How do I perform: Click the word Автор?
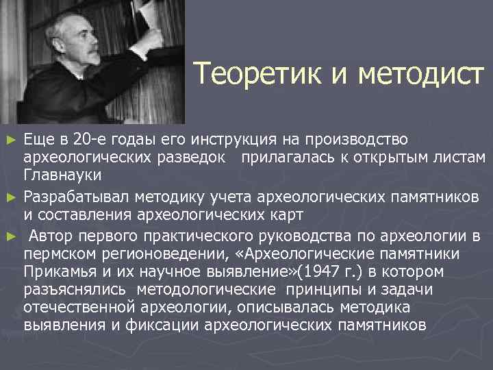[x=53, y=237]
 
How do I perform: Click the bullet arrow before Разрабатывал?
[x=10, y=199]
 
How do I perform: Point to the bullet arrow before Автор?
[x=10, y=237]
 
